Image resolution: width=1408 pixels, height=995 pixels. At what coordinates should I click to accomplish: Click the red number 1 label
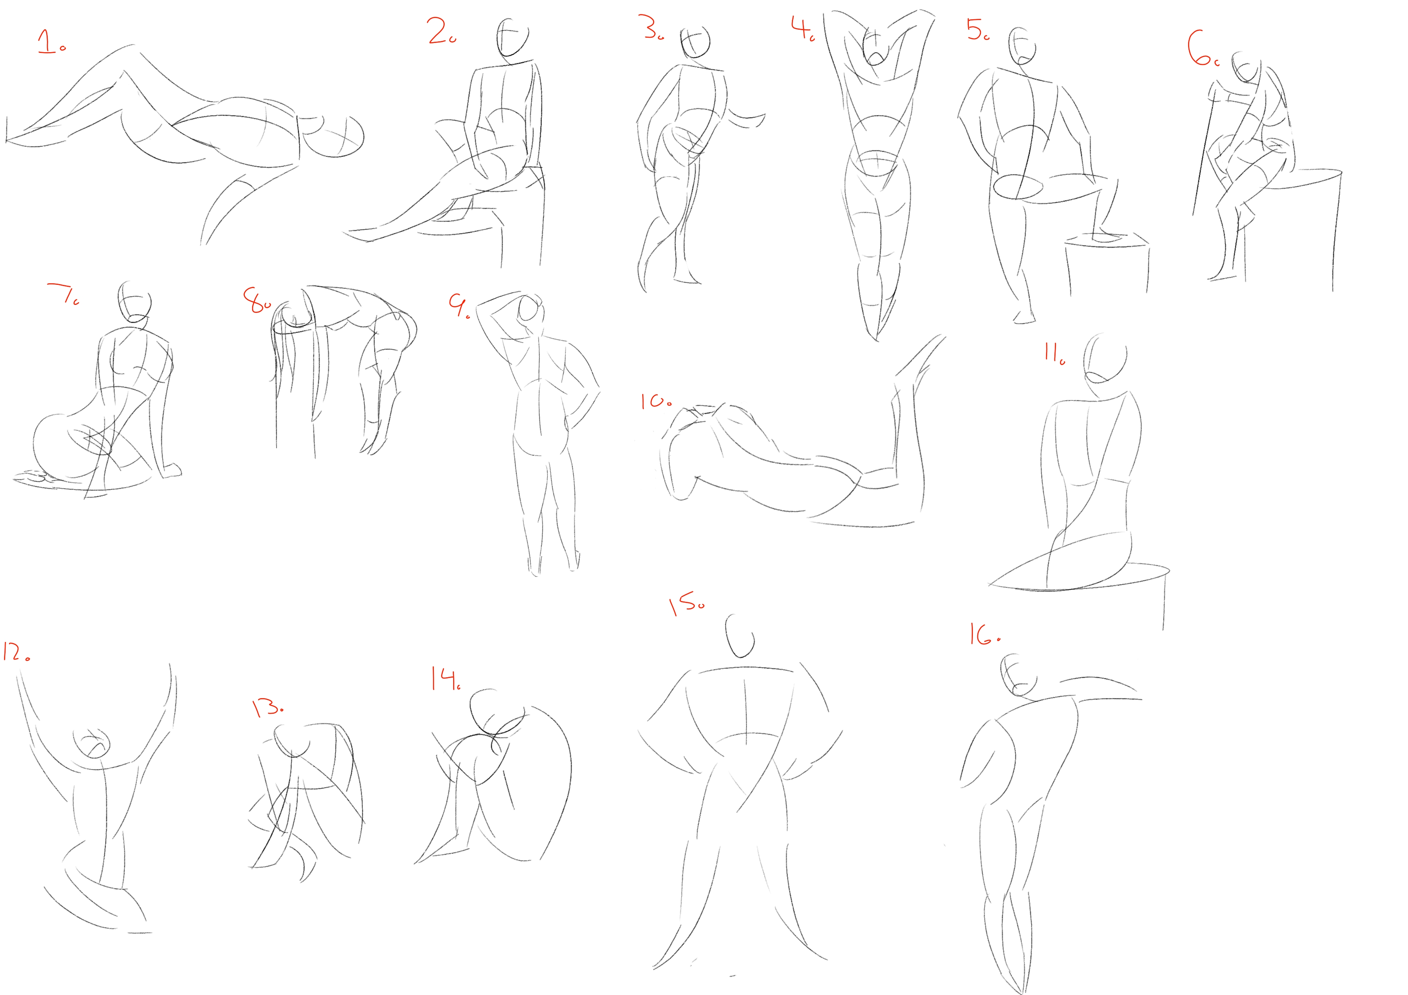(x=50, y=42)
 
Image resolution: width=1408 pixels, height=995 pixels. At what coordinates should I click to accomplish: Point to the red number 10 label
(x=655, y=402)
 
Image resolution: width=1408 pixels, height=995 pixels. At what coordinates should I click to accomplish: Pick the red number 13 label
(x=267, y=708)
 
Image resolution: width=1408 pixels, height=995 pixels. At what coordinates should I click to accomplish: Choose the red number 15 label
(x=686, y=603)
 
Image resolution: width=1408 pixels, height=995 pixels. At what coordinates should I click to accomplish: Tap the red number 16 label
(x=983, y=635)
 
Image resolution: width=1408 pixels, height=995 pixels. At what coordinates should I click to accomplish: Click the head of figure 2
(x=512, y=38)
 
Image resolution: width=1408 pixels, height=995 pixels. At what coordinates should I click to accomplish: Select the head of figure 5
(x=1023, y=46)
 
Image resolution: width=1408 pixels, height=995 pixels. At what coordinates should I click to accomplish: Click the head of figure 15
(x=740, y=636)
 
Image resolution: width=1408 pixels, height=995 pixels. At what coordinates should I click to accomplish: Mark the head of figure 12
(x=93, y=743)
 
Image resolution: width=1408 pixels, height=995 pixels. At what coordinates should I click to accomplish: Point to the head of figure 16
(x=1017, y=675)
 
